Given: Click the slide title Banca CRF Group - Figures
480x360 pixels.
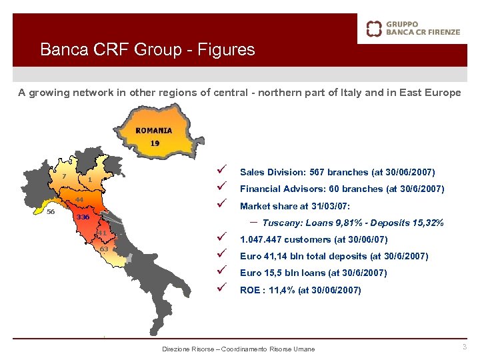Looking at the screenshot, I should (147, 49).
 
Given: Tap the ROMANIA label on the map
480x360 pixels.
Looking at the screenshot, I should (153, 131).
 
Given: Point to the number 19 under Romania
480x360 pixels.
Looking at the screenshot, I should (155, 143).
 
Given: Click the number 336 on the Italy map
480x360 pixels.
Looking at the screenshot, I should (83, 217).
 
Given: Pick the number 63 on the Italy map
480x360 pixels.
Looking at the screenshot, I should (104, 249).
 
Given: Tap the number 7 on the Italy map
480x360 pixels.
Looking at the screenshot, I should (64, 176).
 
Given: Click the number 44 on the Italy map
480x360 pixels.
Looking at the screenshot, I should (79, 200).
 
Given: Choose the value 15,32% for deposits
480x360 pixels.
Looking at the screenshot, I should (428, 223).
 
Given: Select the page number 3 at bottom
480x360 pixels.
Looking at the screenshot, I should (465, 347).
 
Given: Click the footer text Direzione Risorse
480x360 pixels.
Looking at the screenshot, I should (189, 349).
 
